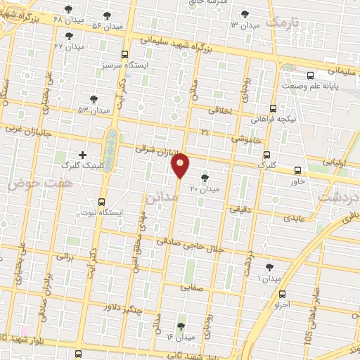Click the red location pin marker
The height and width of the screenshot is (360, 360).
click(181, 165)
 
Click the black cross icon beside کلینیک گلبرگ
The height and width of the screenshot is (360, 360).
click(83, 154)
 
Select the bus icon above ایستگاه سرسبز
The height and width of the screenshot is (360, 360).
click(125, 53)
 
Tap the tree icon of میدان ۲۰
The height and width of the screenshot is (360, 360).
click(205, 178)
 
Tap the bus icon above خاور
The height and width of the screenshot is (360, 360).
click(298, 170)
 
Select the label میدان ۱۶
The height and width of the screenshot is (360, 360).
click(180, 337)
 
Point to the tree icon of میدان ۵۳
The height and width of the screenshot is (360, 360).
click(94, 99)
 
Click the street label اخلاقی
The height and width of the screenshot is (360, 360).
click(224, 110)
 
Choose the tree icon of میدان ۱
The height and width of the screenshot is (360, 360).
click(269, 267)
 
